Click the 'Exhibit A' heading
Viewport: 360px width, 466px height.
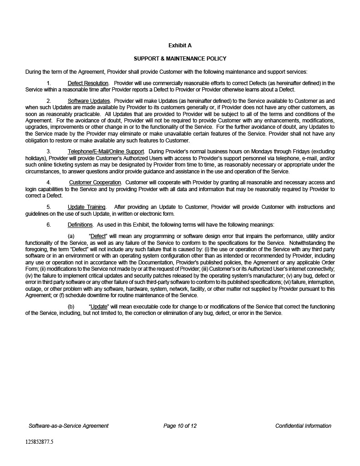click(180, 46)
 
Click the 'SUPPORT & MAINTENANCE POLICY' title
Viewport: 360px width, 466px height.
click(180, 59)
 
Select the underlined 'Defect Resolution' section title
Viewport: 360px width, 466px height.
click(88, 83)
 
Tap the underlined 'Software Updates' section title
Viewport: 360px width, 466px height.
click(89, 101)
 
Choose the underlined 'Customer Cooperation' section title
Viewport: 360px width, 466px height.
click(95, 182)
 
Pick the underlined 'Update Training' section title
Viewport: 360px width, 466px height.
click(86, 208)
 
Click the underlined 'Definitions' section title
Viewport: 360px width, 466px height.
click(80, 225)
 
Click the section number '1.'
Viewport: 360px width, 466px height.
click(49, 83)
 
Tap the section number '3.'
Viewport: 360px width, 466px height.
click(49, 151)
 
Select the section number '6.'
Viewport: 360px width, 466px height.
click(49, 225)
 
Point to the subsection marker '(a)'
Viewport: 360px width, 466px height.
click(71, 236)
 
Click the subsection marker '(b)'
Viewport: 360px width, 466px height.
click(71, 307)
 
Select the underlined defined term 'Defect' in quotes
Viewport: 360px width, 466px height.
click(98, 236)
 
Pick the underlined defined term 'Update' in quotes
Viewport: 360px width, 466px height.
click(99, 307)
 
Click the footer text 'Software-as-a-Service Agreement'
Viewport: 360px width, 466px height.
click(69, 426)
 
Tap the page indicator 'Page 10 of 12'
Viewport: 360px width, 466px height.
click(180, 426)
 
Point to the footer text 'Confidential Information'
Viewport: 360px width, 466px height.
click(303, 426)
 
